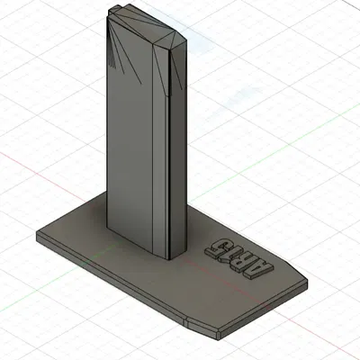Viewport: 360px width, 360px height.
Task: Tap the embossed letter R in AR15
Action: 243,262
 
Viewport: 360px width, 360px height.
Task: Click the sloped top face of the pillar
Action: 144,27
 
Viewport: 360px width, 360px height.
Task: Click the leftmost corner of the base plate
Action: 37,236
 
